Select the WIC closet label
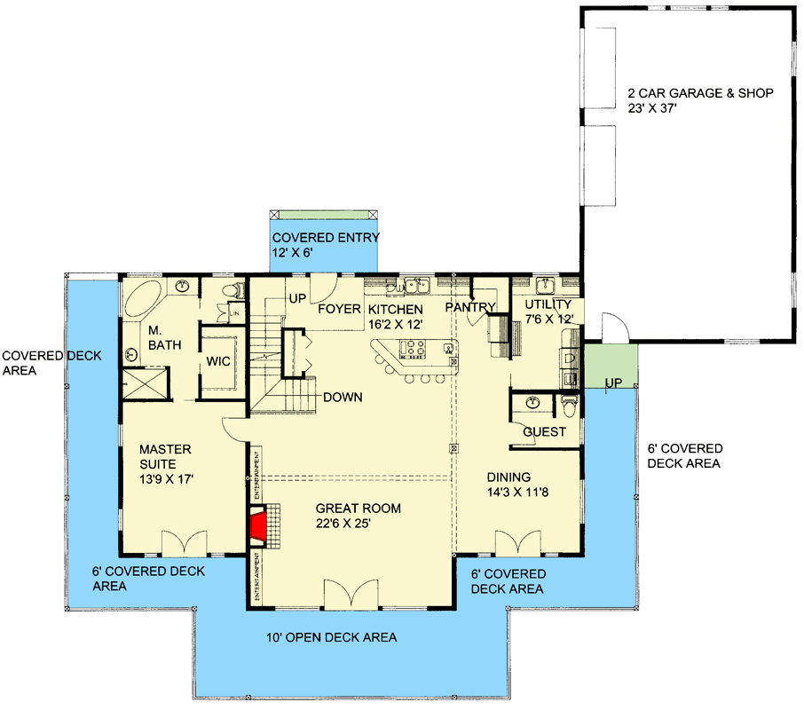pyautogui.click(x=217, y=362)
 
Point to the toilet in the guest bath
pyautogui.click(x=569, y=405)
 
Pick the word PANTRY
pyautogui.click(x=470, y=308)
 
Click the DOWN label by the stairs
pyautogui.click(x=343, y=397)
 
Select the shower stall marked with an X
pyautogui.click(x=142, y=385)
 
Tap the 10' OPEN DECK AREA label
pyautogui.click(x=332, y=637)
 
